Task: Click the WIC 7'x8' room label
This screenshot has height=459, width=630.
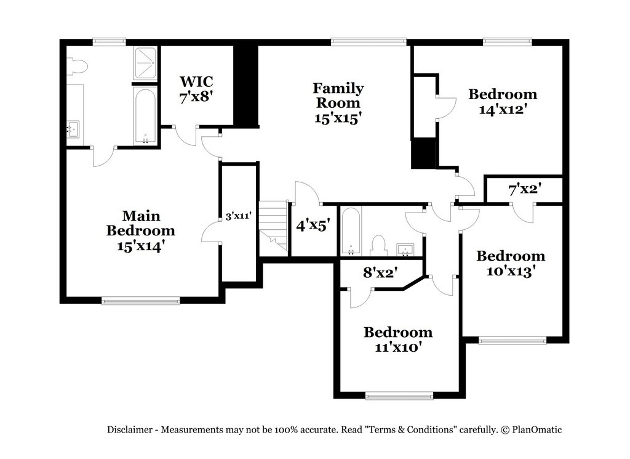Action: point(196,89)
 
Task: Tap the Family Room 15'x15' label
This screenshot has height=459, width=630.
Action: point(338,104)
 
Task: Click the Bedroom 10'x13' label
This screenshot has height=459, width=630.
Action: point(511,264)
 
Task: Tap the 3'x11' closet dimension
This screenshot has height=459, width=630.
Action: point(238,216)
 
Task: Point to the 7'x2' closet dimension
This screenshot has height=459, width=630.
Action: point(524,190)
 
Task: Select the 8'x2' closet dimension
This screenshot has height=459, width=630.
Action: point(380,272)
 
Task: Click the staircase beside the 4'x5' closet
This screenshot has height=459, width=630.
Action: point(274,226)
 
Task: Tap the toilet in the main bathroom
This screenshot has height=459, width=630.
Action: point(77,66)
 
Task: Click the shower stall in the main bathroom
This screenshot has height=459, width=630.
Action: point(145,62)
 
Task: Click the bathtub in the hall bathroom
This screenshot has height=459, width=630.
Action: point(351,231)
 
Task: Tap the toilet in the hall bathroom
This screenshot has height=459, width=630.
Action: point(379,245)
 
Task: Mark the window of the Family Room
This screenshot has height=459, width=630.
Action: point(369,42)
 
